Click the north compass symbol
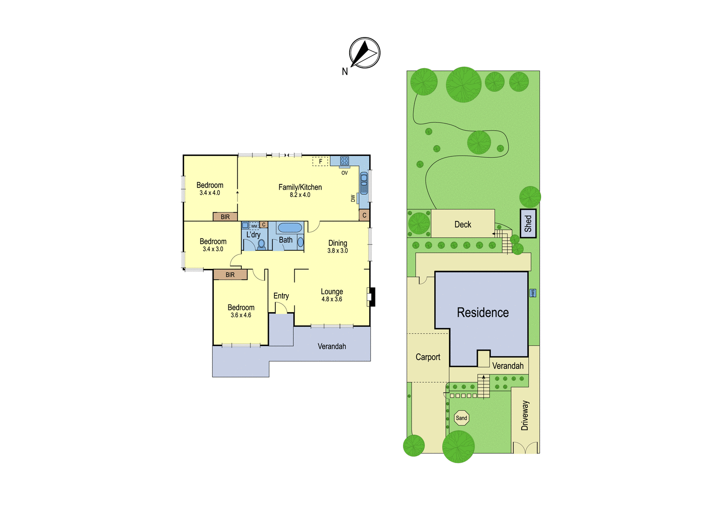coord(365,52)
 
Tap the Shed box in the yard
coord(528,223)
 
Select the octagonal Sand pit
coord(462,418)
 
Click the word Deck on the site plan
coord(463,225)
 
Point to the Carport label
coord(428,357)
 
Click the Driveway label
coord(525,416)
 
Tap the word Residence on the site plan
coord(483,313)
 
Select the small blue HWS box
coord(533,293)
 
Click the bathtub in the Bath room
coord(290,228)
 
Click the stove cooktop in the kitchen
coord(345,160)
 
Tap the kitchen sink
coord(364,183)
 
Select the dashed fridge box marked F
coord(320,161)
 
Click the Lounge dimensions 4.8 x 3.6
coord(332,299)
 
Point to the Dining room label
coord(338,243)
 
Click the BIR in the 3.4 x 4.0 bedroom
coord(225,217)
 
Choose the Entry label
coord(281,295)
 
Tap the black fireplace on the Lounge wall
coord(372,297)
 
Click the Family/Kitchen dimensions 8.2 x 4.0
coord(300,195)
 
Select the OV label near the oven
coord(345,173)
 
